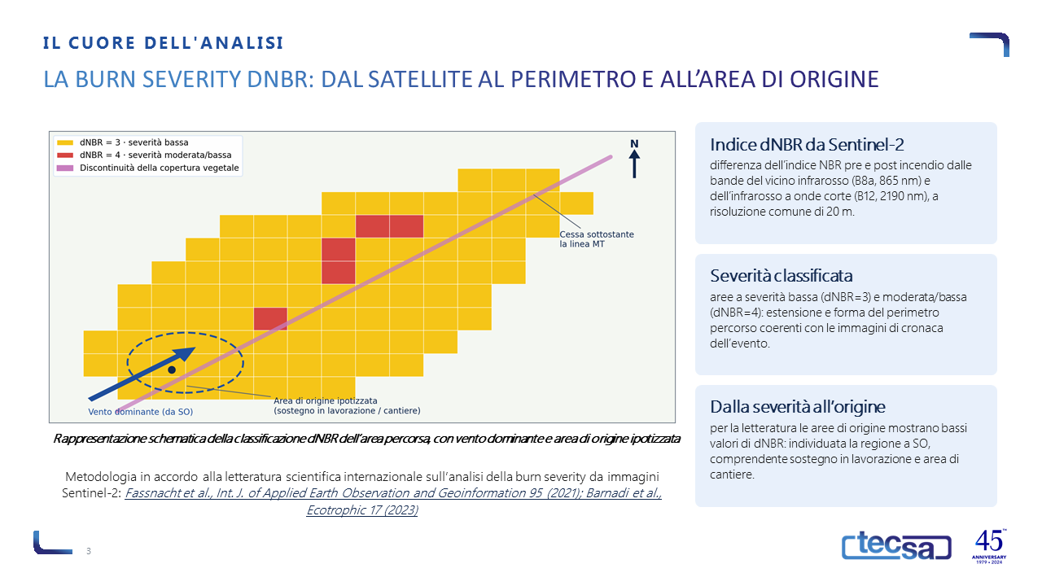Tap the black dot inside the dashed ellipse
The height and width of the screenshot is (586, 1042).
pyautogui.click(x=172, y=370)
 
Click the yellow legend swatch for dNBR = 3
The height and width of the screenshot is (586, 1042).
pyautogui.click(x=65, y=142)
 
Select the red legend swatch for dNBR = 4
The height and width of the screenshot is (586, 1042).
pyautogui.click(x=65, y=155)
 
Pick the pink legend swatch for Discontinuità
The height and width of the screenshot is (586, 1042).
pyautogui.click(x=65, y=168)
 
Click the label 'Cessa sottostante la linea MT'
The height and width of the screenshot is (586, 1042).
pyautogui.click(x=597, y=239)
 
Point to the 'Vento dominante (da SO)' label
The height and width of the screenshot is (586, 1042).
pyautogui.click(x=141, y=412)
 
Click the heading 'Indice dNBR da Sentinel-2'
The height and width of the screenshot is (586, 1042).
pyautogui.click(x=807, y=145)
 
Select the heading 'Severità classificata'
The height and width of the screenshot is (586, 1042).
pyautogui.click(x=781, y=276)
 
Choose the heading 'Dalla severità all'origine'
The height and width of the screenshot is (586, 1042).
pyautogui.click(x=797, y=407)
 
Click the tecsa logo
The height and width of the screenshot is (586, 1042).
pyautogui.click(x=896, y=545)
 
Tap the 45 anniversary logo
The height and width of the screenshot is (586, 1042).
pyautogui.click(x=989, y=546)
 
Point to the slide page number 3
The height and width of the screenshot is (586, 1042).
pyautogui.click(x=89, y=551)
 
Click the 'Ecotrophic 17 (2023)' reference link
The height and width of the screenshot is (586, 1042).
pyautogui.click(x=362, y=510)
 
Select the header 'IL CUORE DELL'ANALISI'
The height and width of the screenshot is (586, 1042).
pyautogui.click(x=164, y=43)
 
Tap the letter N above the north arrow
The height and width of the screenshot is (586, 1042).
pyautogui.click(x=634, y=144)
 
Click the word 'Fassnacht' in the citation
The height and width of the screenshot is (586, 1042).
pyautogui.click(x=152, y=493)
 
